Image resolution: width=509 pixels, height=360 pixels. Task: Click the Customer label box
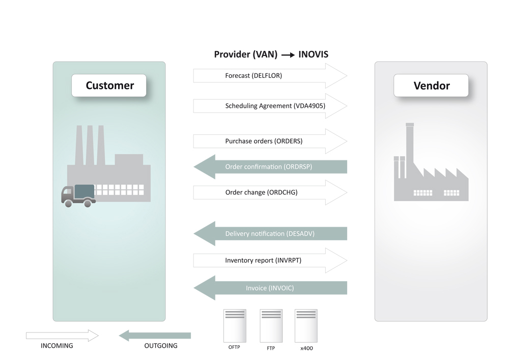point(109,86)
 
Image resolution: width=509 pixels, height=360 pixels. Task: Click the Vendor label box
point(431,86)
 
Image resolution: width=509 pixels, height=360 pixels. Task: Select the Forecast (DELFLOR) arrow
point(270,76)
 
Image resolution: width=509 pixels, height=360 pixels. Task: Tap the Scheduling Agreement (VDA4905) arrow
point(270,106)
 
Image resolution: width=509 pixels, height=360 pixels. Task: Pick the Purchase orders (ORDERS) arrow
point(270,141)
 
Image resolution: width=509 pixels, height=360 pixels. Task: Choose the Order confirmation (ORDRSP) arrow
point(270,167)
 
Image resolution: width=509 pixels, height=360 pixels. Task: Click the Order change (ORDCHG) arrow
point(270,192)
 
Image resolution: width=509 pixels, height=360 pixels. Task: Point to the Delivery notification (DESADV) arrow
point(270,234)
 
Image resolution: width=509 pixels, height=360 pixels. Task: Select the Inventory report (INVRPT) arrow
point(270,261)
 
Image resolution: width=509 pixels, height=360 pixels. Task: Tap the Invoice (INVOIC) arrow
point(270,288)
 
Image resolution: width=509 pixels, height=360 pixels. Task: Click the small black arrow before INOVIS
point(288,55)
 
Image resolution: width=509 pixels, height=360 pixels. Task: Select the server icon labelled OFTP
point(235,325)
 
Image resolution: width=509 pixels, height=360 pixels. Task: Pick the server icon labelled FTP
point(271,325)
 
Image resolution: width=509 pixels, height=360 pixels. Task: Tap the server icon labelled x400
point(306,325)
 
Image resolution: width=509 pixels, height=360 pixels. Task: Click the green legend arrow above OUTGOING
point(155,336)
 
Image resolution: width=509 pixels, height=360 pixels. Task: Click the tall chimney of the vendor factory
point(410,150)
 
